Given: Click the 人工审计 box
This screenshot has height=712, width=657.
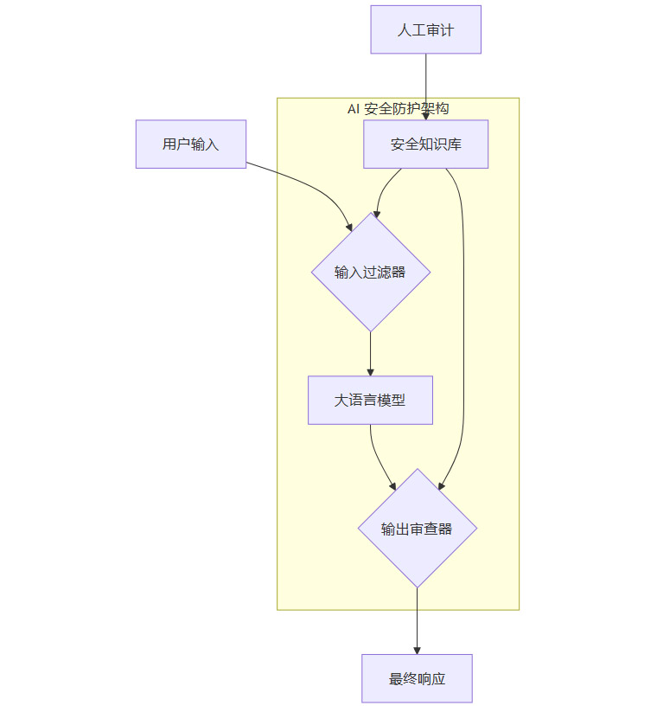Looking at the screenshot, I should point(425,29).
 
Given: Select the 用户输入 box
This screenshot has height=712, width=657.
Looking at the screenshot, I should point(191,144).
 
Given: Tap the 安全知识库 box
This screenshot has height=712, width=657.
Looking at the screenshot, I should point(425,144).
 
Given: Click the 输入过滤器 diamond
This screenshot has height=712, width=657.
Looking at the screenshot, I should point(370,272).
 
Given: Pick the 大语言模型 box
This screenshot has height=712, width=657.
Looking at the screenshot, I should point(370,400).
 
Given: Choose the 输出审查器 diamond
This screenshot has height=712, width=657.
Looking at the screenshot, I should point(417,528).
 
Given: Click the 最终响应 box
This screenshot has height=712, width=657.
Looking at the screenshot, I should point(417,678).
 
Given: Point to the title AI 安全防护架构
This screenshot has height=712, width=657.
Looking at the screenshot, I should point(398,108).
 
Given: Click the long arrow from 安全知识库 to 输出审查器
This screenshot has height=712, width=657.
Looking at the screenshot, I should point(463,346).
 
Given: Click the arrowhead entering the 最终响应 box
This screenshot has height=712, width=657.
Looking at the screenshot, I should point(417,650).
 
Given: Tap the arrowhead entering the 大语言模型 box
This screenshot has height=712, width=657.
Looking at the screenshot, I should point(370,371).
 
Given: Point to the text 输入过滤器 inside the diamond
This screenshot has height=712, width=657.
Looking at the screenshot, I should point(370,272).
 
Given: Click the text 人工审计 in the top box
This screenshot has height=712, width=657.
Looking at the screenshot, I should point(425,29).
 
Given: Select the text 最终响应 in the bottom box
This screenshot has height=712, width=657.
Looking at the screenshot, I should point(417,678).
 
